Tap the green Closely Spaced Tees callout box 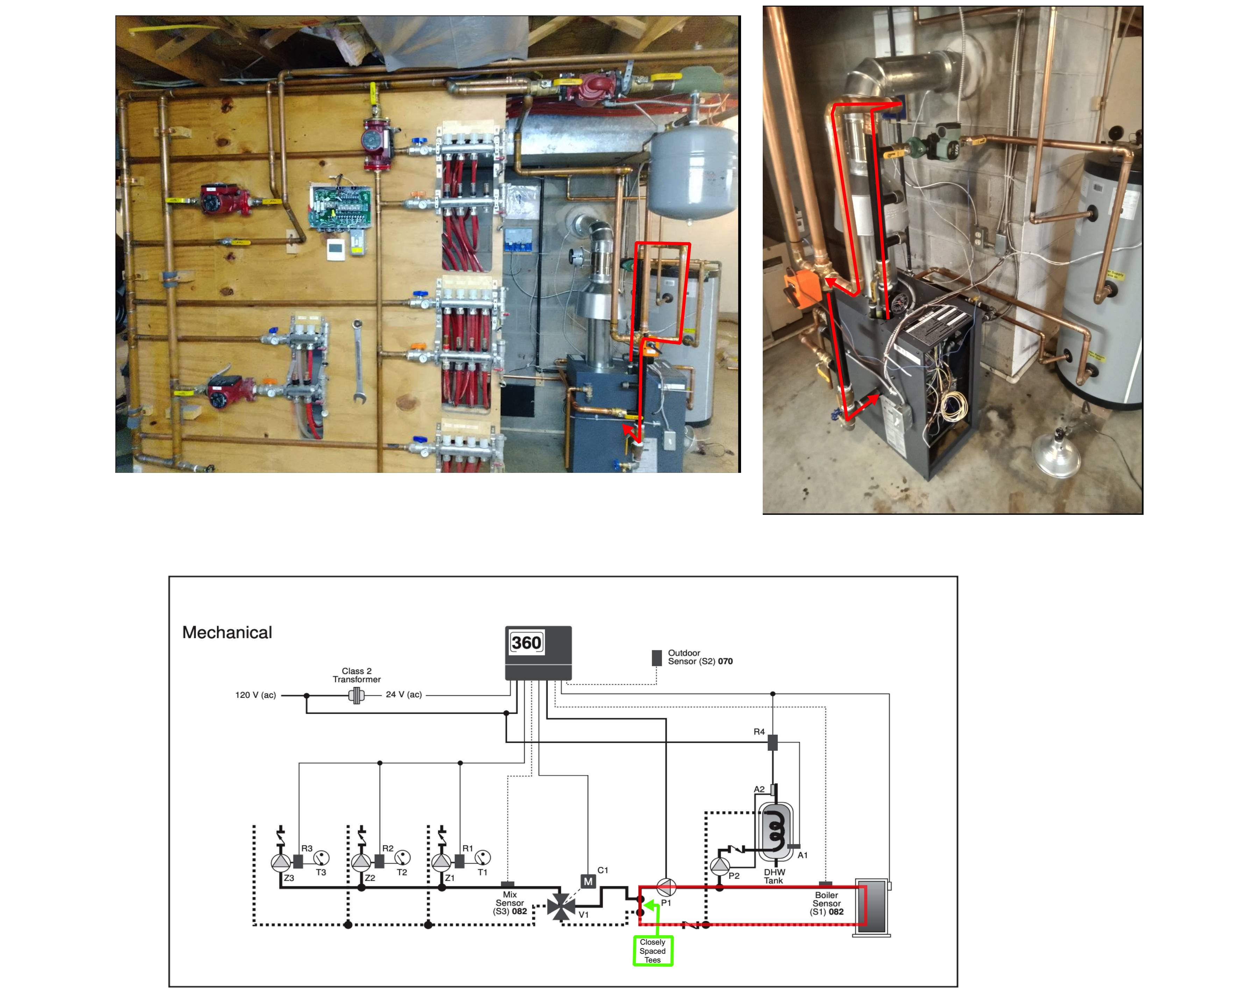(653, 951)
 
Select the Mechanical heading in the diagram (227, 632)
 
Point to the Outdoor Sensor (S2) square (657, 657)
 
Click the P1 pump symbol (666, 887)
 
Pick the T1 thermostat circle (483, 857)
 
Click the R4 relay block (773, 742)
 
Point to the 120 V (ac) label (255, 695)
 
